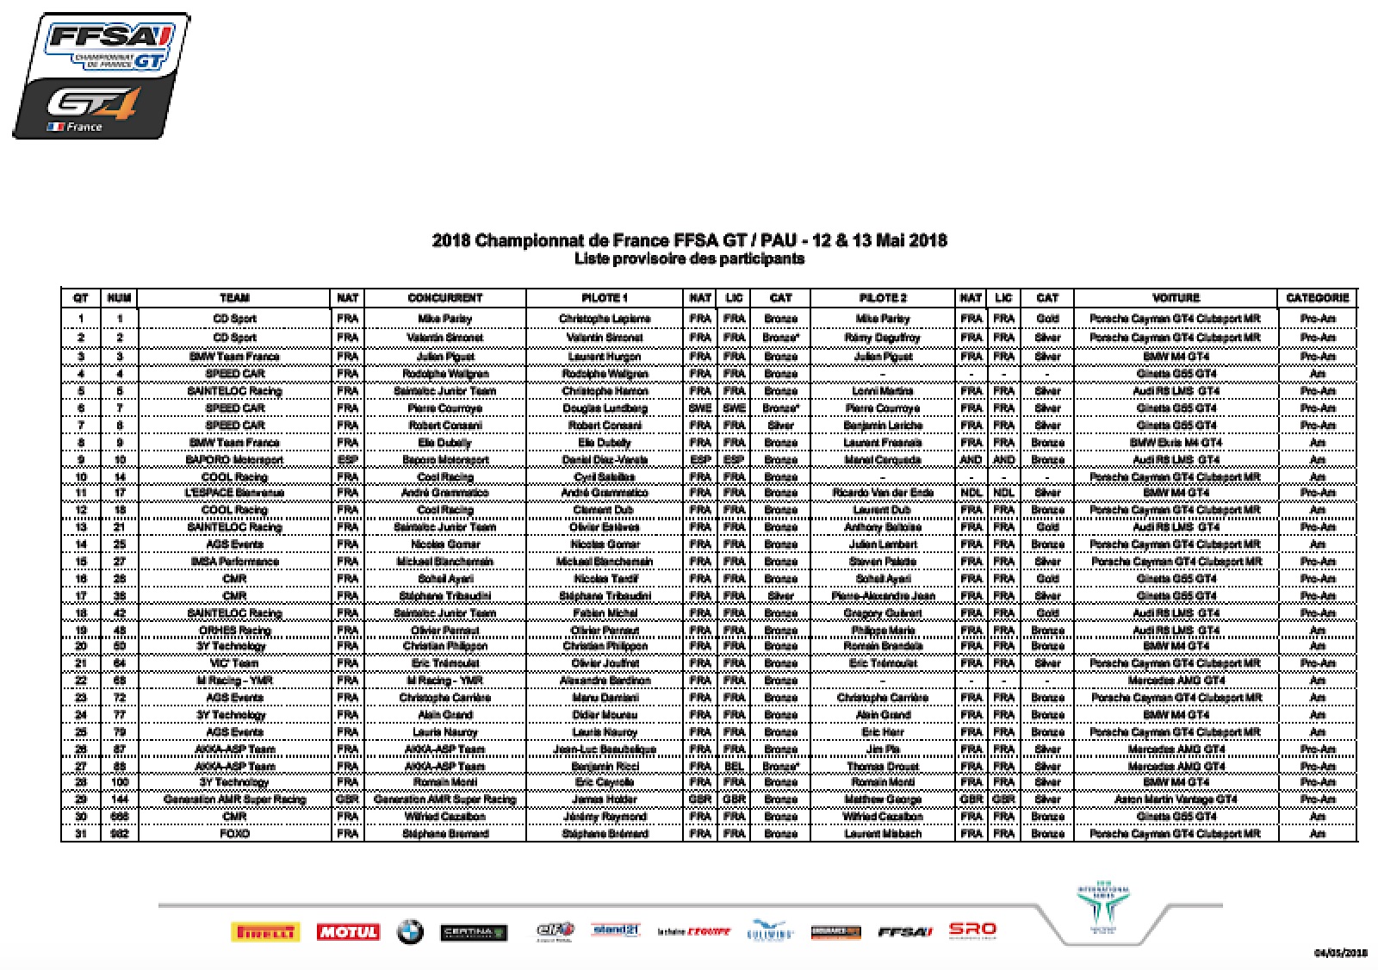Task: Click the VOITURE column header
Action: point(1175,298)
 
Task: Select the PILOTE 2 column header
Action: point(883,298)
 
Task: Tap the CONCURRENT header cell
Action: point(444,298)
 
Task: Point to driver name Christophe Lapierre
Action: point(605,319)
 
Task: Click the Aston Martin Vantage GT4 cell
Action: point(1175,799)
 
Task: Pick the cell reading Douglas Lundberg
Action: point(605,408)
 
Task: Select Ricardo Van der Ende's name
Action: point(883,493)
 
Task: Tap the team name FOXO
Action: point(234,834)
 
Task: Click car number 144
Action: point(119,799)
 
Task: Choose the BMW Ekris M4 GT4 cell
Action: point(1175,443)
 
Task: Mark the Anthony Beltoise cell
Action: point(883,527)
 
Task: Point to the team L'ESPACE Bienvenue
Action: point(234,493)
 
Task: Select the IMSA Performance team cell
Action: point(234,562)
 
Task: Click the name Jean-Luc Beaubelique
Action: point(605,749)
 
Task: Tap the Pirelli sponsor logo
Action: point(264,931)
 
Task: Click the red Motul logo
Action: point(348,931)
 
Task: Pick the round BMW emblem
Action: point(410,931)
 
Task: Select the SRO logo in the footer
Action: point(971,929)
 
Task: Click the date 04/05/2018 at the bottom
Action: point(1340,953)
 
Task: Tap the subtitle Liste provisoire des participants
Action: point(689,258)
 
